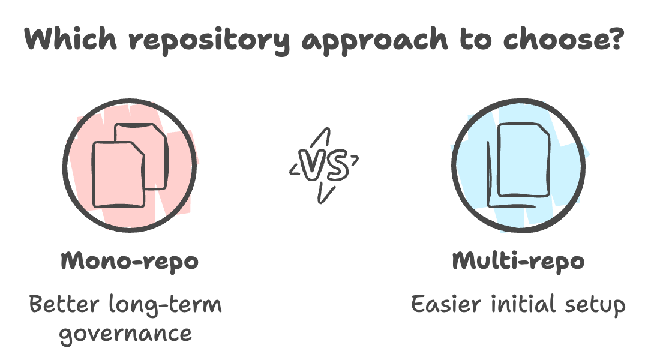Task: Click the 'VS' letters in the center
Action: (325, 166)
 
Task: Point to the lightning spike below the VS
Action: (325, 193)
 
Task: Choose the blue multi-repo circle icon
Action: (519, 166)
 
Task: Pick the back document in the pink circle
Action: (150, 144)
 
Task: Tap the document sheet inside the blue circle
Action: (524, 159)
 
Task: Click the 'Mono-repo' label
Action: (130, 262)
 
